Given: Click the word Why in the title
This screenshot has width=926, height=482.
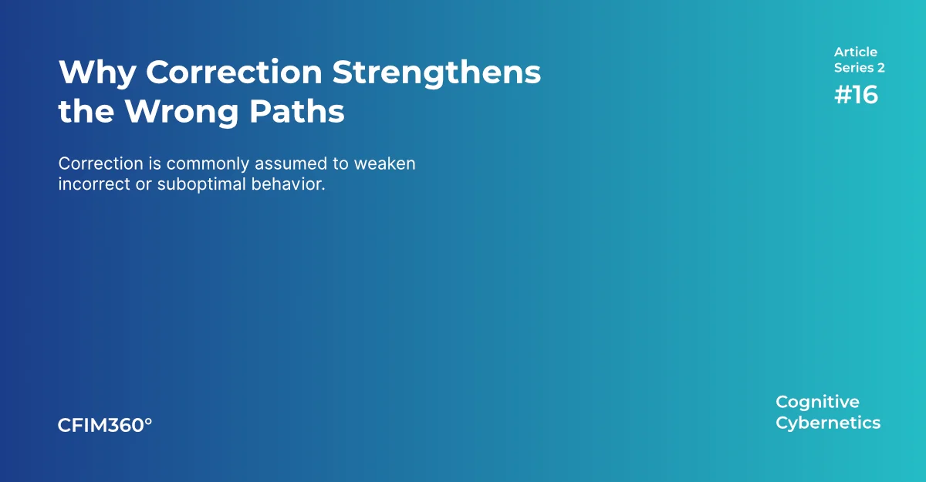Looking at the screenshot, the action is point(97,73).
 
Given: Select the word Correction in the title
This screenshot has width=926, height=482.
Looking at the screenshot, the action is point(234,72).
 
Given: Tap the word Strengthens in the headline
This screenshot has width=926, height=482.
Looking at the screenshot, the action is point(437,73).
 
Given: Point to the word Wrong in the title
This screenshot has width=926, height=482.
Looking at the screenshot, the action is point(181,112).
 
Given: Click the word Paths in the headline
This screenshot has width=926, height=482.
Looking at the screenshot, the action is point(297,111).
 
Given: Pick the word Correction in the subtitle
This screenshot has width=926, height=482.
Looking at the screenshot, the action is point(100,164).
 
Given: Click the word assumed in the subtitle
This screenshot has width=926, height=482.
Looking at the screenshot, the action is point(291,164).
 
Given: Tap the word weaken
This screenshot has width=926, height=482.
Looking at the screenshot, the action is point(384,164).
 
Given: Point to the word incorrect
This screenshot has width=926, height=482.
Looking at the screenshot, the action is point(94,184).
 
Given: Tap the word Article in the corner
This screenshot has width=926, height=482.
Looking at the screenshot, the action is point(855,52).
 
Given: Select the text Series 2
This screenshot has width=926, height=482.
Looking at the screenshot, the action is point(859,68).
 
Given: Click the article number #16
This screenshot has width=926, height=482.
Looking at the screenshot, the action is point(856,95).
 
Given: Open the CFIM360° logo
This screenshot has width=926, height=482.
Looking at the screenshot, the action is point(105,425).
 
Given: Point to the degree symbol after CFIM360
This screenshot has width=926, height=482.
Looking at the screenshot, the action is point(148,421).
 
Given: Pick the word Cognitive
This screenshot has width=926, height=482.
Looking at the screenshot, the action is point(817,403).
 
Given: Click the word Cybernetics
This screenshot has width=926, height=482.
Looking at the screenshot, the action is point(828,423).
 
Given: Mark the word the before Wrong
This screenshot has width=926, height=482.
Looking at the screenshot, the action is point(86,112).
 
